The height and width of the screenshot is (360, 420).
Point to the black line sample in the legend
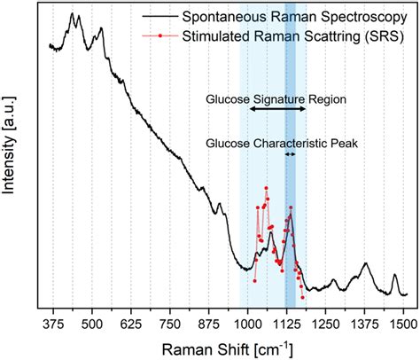(x=159, y=17)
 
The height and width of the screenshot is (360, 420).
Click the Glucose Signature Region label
(x=276, y=98)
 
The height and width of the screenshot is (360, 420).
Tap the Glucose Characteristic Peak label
(x=282, y=141)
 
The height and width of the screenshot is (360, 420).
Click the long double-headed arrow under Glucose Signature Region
(x=277, y=109)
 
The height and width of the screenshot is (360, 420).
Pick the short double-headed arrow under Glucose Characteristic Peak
(x=290, y=154)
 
